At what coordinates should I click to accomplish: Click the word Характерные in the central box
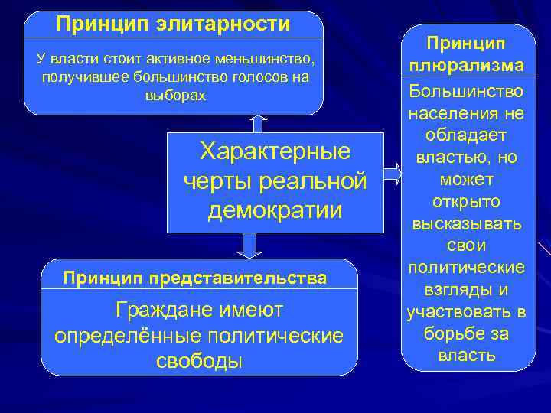pyautogui.click(x=275, y=151)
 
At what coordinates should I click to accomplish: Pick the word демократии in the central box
pyautogui.click(x=275, y=210)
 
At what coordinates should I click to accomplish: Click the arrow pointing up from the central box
pyautogui.click(x=258, y=123)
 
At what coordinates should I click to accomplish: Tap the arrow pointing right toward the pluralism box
pyautogui.click(x=391, y=173)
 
